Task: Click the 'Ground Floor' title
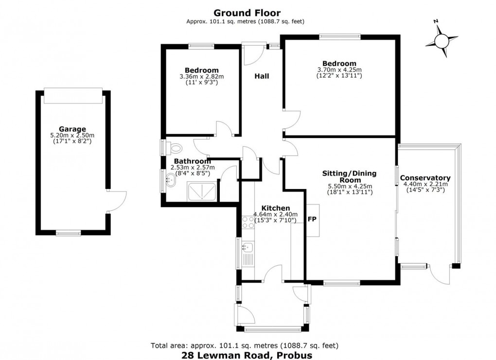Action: click(x=247, y=13)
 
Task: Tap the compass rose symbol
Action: click(x=442, y=40)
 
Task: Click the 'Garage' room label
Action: click(x=72, y=129)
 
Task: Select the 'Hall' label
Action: click(x=262, y=76)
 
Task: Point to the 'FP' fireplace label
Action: click(x=312, y=219)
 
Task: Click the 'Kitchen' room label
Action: click(x=276, y=208)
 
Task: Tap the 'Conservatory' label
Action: click(x=425, y=178)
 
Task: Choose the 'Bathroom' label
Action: click(x=193, y=161)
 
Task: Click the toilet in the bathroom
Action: click(x=175, y=147)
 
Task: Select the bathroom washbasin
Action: click(x=171, y=180)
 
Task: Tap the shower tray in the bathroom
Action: click(x=202, y=191)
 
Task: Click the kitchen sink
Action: click(x=248, y=247)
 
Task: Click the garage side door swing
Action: click(x=117, y=201)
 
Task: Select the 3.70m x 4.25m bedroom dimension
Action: click(x=339, y=70)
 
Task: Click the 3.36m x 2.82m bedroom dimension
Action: click(x=201, y=76)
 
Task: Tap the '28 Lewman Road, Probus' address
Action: click(x=247, y=355)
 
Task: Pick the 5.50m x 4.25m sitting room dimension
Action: click(x=350, y=186)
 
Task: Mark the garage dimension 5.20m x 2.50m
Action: click(x=72, y=135)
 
